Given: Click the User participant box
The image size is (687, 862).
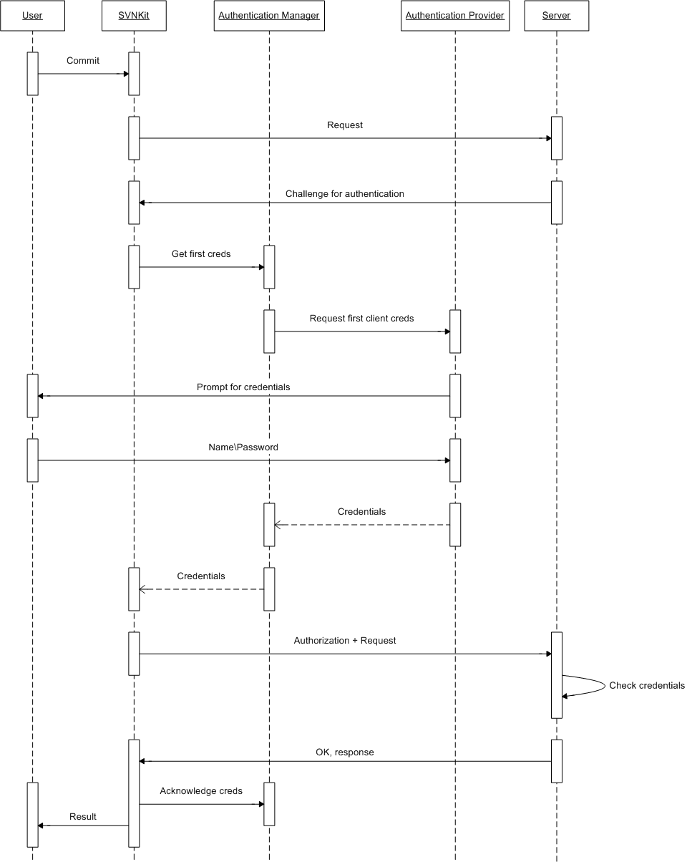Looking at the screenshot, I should tap(32, 16).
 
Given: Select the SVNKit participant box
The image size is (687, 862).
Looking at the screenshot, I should tap(134, 16).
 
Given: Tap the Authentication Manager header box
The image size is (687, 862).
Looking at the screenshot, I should tap(269, 16).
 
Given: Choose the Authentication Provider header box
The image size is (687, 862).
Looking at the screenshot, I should tap(455, 16).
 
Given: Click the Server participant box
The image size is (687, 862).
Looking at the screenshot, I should tap(557, 16).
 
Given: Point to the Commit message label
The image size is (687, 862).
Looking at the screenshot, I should tap(83, 61).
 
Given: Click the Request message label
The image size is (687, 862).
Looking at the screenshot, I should tap(345, 125).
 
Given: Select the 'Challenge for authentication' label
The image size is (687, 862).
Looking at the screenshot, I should tap(345, 194).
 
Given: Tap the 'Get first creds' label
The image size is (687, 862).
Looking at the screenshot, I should tap(201, 254).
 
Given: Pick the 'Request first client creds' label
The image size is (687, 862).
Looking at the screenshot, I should tap(361, 319).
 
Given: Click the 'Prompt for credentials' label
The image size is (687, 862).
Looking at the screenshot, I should tap(243, 387).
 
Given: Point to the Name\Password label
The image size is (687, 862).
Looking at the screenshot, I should tap(243, 447).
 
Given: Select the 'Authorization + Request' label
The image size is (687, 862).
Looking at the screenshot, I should tap(345, 641).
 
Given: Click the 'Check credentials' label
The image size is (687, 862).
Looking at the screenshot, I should tap(647, 686).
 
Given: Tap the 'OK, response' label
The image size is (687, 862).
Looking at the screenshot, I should tap(345, 752).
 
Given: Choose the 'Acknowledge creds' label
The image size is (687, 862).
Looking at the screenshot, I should tap(201, 791).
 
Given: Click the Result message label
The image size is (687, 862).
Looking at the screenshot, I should tap(83, 817).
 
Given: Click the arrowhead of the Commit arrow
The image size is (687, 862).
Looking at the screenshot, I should tap(125, 74).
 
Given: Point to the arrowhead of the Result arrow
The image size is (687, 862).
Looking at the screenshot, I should tap(42, 825).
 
